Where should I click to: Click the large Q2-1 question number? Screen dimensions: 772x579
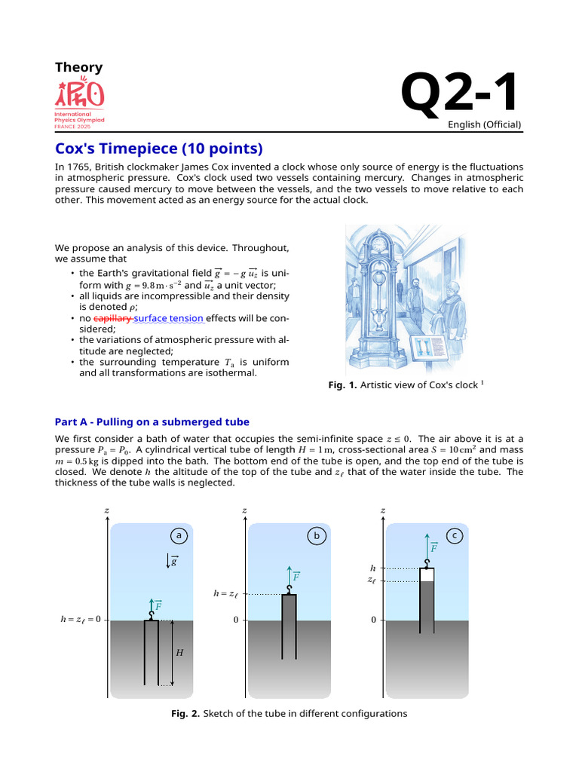point(460,93)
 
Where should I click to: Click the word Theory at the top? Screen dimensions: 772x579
point(78,67)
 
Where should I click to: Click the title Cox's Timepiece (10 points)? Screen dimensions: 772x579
point(158,148)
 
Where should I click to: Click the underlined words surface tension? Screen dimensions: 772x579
point(169,318)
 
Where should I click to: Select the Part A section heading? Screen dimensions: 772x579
point(152,421)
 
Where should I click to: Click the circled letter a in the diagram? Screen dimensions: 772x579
point(179,536)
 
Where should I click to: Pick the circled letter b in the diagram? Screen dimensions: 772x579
point(317,536)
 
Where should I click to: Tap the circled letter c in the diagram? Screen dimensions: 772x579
point(455,536)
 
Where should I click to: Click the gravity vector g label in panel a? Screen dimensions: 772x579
point(173,561)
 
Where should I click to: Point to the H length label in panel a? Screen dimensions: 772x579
point(179,653)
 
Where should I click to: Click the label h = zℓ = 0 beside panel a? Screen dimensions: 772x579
point(80,620)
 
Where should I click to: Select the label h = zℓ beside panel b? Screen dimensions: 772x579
point(225,594)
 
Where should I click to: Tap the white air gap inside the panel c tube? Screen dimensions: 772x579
point(427,574)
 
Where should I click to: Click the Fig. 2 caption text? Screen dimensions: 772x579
point(289,713)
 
